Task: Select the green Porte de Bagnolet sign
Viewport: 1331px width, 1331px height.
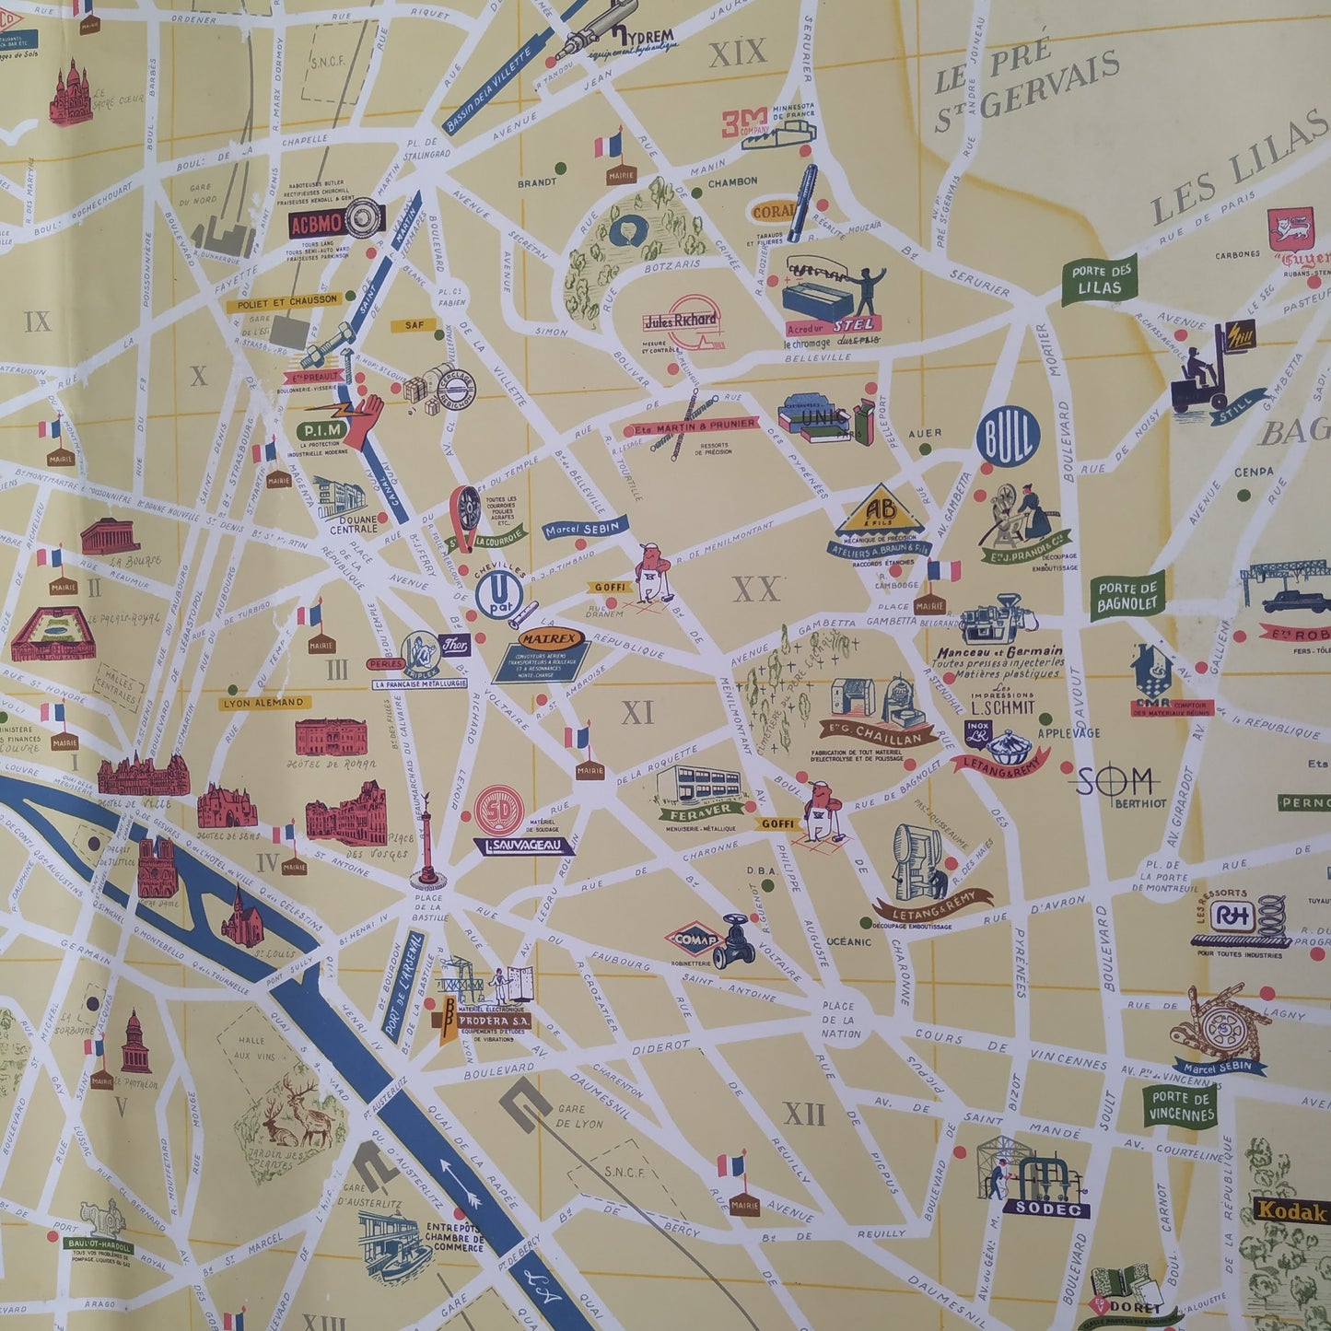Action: (x=1127, y=596)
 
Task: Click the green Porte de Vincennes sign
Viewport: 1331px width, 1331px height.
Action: (x=1181, y=1105)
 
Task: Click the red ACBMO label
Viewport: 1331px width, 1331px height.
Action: (x=316, y=223)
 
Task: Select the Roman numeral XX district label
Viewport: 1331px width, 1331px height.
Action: (x=756, y=590)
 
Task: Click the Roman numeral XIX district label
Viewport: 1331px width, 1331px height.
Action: (x=737, y=53)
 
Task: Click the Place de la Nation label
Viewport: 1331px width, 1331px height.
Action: (x=838, y=1020)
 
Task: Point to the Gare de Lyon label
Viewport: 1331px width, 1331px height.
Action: (x=578, y=1116)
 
